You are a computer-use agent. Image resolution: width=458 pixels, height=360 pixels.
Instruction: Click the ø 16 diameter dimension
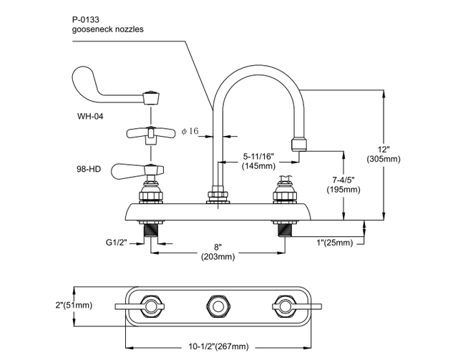tap(190, 131)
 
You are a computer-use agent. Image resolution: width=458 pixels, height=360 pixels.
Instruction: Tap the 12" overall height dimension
tap(385, 149)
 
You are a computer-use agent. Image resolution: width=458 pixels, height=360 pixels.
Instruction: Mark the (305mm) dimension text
tap(385, 159)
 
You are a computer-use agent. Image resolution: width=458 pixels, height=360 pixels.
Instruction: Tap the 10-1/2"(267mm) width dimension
tap(218, 346)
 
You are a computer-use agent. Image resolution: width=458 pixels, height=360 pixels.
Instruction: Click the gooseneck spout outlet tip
tap(299, 145)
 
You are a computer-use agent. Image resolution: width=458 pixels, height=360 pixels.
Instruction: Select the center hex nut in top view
tap(218, 307)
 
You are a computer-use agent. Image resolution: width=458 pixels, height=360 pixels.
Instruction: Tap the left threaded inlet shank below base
tap(151, 230)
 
